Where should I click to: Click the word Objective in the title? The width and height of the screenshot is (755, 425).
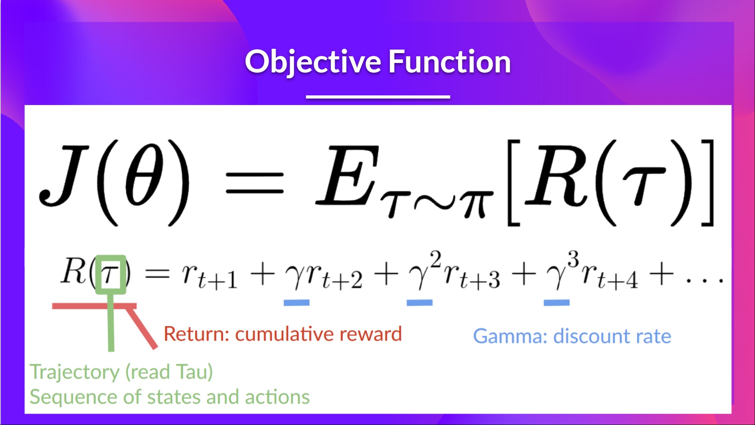tap(313, 62)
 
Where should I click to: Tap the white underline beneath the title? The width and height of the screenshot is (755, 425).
tap(377, 97)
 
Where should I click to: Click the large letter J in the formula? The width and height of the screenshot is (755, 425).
tap(63, 175)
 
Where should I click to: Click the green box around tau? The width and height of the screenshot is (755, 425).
tap(111, 274)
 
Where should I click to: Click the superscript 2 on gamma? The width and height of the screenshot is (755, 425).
tap(435, 260)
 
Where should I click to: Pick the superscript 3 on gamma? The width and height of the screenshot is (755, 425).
tap(573, 260)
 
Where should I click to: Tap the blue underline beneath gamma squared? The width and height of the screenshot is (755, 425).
tap(419, 303)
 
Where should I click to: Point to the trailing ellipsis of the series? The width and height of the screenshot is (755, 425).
tap(704, 280)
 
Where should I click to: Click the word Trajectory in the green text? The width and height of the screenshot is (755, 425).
tap(75, 372)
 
